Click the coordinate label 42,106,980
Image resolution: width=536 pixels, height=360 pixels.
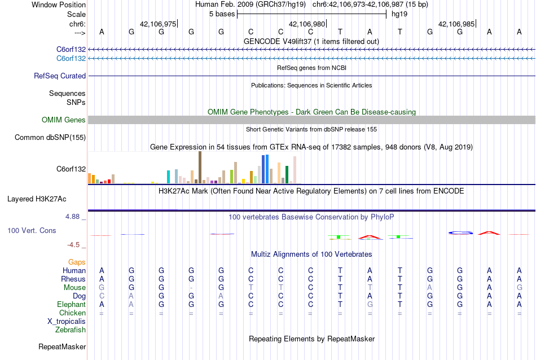pos(307,24)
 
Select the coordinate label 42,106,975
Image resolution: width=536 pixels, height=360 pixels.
pos(158,24)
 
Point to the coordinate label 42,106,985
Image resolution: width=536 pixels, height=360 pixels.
pos(456,24)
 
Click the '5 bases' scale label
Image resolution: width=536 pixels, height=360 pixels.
pos(221,14)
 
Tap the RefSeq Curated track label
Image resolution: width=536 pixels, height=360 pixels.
pos(60,76)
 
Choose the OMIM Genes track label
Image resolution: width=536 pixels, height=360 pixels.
pos(64,120)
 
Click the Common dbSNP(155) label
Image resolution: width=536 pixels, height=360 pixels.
pos(50,137)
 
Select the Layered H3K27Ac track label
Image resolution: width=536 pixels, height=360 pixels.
pos(37,199)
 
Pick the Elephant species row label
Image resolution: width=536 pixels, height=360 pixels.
pos(71,304)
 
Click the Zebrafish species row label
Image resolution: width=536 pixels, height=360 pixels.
pos(71,330)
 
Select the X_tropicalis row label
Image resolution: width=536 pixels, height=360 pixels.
pos(67,321)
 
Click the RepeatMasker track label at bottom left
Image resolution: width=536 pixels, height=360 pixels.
pos(62,346)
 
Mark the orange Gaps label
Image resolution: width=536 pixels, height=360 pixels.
pos(77,262)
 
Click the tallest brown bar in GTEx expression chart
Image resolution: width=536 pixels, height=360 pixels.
pos(200,167)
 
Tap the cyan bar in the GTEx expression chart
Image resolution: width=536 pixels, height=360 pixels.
pos(169,177)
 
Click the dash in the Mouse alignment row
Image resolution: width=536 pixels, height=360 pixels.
pos(191,288)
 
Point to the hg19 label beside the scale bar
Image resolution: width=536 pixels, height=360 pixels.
pos(399,14)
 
